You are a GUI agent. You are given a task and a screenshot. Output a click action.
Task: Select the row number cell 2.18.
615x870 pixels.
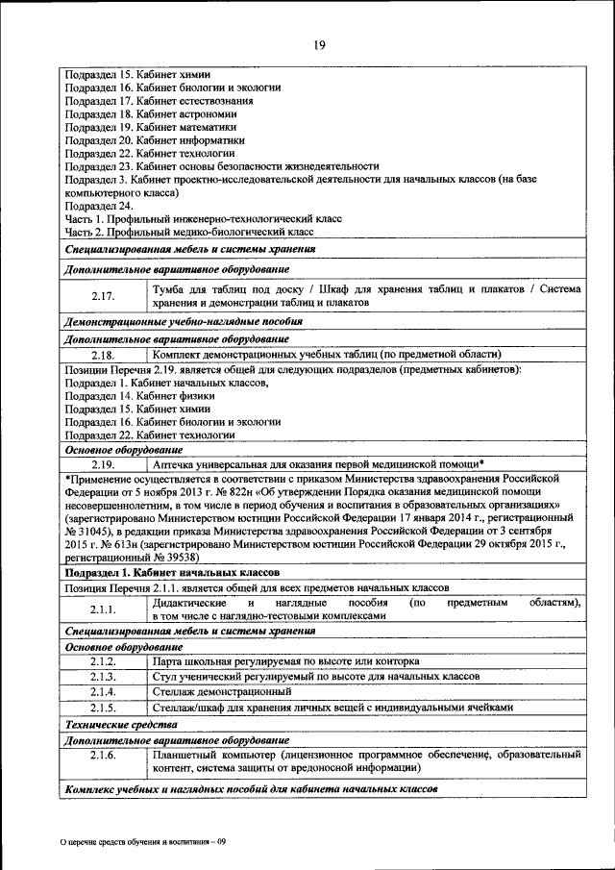pyautogui.click(x=103, y=355)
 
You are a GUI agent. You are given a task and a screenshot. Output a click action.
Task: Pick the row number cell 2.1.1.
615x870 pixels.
pyautogui.click(x=103, y=609)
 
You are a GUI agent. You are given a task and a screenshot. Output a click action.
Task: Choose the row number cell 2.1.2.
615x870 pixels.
pyautogui.click(x=103, y=662)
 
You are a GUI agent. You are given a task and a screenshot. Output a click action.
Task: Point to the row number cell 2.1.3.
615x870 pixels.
pyautogui.click(x=103, y=677)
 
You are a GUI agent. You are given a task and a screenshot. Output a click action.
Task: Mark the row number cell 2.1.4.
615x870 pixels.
pyautogui.click(x=103, y=691)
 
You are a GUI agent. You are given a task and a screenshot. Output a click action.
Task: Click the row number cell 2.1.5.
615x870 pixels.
pyautogui.click(x=103, y=707)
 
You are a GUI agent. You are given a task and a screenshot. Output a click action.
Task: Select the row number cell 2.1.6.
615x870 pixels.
pyautogui.click(x=103, y=757)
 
